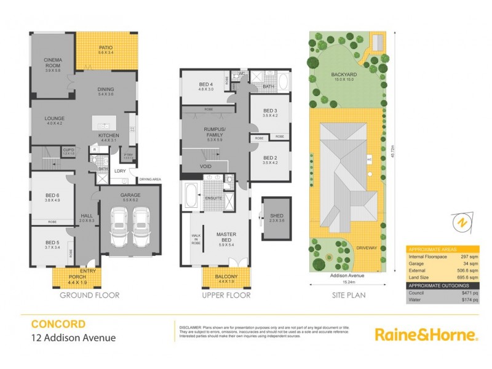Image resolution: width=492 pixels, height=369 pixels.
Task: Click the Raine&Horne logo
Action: click(426, 334)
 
